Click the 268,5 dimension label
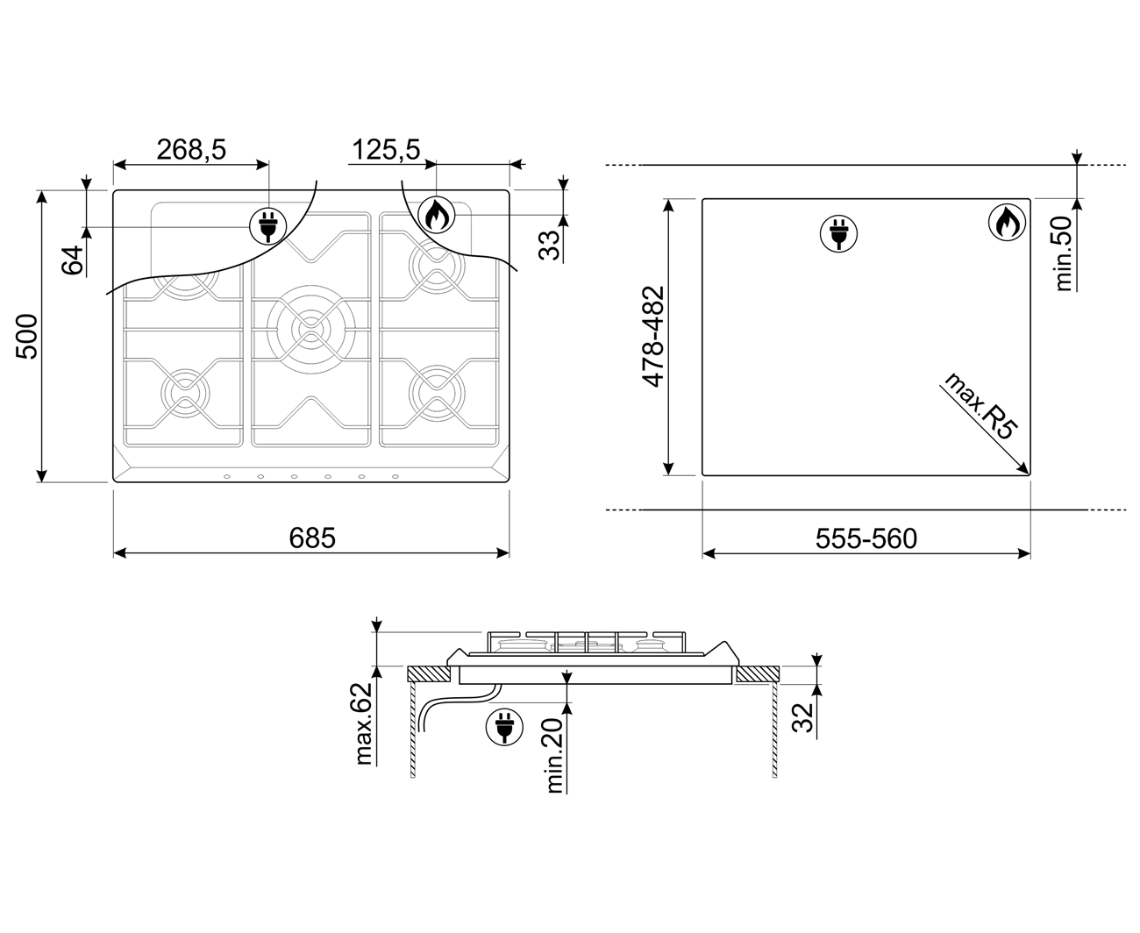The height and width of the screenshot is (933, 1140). (x=191, y=149)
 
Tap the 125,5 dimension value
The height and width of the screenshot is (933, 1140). (x=386, y=149)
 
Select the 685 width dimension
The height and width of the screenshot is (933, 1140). (x=312, y=538)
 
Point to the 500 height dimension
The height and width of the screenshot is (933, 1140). (x=27, y=336)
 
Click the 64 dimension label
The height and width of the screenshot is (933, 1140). (x=73, y=260)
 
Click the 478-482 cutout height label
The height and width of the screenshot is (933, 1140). (x=653, y=337)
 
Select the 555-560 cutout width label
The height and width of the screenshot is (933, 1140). (x=866, y=538)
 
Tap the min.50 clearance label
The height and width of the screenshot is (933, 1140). (x=1063, y=253)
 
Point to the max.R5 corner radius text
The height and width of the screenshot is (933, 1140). (x=980, y=406)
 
